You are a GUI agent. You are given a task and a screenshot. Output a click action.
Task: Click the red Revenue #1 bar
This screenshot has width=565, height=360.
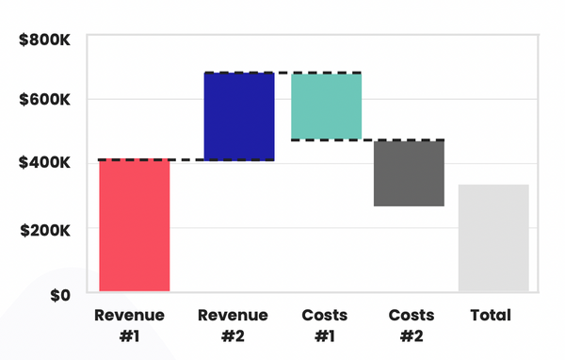pyautogui.click(x=135, y=226)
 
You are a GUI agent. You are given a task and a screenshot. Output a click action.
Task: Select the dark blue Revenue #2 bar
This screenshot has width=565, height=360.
pyautogui.click(x=238, y=117)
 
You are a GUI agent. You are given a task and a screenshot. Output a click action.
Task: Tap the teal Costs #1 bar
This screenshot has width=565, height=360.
pyautogui.click(x=326, y=106)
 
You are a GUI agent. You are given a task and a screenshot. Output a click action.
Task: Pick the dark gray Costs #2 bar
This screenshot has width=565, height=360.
pyautogui.click(x=409, y=173)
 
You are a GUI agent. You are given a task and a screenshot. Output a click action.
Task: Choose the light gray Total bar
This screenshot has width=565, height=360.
pyautogui.click(x=493, y=238)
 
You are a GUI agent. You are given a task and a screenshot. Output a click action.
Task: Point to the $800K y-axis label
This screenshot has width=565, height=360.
pyautogui.click(x=46, y=41)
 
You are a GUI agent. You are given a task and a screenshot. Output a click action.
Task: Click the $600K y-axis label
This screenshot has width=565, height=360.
pyautogui.click(x=46, y=100)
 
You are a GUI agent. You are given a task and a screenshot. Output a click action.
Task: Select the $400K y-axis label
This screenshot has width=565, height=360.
pyautogui.click(x=46, y=164)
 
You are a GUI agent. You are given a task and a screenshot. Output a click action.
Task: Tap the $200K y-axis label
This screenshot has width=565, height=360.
pyautogui.click(x=46, y=229)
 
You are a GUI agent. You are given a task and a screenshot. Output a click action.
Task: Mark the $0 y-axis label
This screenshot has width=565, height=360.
pyautogui.click(x=57, y=294)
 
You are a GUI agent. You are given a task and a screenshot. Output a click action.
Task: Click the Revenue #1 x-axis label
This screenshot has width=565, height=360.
pyautogui.click(x=129, y=325)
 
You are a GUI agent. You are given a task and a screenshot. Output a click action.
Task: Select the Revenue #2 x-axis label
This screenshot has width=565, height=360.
pyautogui.click(x=233, y=325)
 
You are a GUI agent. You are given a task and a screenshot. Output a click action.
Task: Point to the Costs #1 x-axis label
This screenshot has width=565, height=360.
pyautogui.click(x=325, y=325)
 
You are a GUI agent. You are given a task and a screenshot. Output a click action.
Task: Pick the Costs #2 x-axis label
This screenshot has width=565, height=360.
pyautogui.click(x=411, y=325)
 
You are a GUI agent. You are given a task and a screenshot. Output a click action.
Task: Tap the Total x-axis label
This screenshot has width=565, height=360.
pyautogui.click(x=492, y=315)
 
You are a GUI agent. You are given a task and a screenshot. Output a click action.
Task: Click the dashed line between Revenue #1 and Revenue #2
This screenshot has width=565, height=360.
pyautogui.click(x=186, y=160)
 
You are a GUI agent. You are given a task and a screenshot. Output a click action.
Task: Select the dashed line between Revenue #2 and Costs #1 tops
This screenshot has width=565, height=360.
pyautogui.click(x=282, y=73)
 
